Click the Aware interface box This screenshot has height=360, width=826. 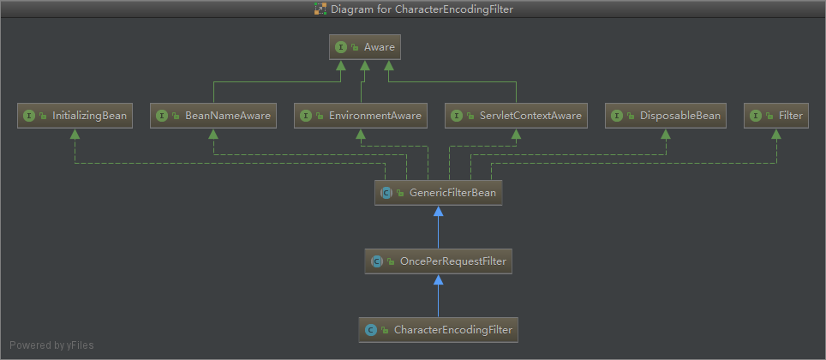point(365,47)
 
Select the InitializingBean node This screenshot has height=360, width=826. point(75,116)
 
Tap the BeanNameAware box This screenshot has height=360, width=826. point(213,116)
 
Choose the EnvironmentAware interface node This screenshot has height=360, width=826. point(361,116)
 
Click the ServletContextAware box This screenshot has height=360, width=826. point(516,116)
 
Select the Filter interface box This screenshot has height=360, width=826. point(776,116)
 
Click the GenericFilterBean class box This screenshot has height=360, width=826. point(438,193)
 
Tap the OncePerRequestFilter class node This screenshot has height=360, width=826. point(438,261)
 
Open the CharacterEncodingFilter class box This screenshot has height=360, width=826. point(438,329)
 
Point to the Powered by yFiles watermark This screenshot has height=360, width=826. point(51,345)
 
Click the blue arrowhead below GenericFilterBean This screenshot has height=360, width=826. point(438,211)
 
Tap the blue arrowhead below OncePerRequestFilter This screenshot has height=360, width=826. point(438,279)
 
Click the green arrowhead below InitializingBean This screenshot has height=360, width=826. point(75,134)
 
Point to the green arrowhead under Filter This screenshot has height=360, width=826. point(776,134)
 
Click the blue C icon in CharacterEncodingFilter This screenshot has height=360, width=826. point(371,329)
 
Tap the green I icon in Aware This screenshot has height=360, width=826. point(341,47)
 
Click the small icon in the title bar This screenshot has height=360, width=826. point(320,9)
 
